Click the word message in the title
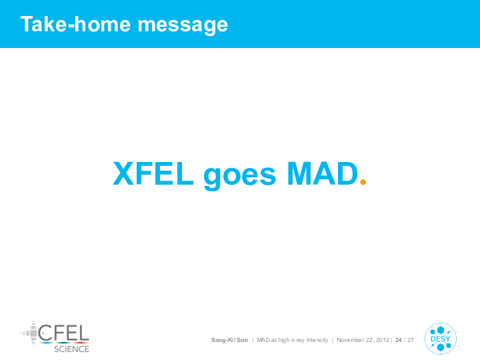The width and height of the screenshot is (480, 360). [x=183, y=25]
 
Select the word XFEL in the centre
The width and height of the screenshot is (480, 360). [x=153, y=173]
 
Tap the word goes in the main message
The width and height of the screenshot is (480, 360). [x=240, y=177]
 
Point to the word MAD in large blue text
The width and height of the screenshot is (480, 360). [x=323, y=173]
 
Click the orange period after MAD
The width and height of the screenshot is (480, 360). [x=363, y=182]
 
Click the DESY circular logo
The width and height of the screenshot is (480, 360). [x=441, y=339]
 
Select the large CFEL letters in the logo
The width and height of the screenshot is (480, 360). [x=64, y=333]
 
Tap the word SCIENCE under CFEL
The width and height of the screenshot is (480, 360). [x=71, y=349]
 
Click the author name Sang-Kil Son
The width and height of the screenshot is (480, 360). [x=229, y=340]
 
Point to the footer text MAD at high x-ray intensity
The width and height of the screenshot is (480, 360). [x=293, y=340]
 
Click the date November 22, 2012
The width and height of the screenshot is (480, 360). [x=363, y=340]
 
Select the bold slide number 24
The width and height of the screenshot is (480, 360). [x=399, y=340]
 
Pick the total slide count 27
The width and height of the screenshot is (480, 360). [x=411, y=340]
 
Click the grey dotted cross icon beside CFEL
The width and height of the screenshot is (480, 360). [x=29, y=333]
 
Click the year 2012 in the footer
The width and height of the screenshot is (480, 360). [x=383, y=340]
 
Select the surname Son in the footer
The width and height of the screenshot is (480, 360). [x=243, y=340]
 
